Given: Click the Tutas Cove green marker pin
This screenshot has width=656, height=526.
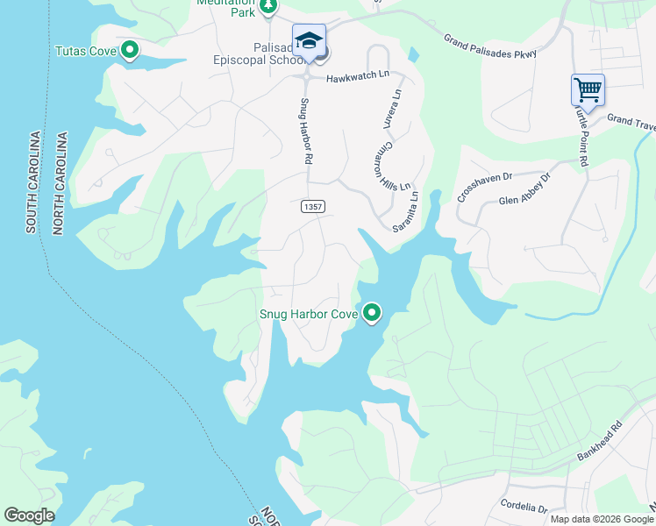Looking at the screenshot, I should pos(130,50).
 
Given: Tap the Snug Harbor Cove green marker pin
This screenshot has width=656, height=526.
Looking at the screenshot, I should pos(372,312).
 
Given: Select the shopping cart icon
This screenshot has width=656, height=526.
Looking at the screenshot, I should pos(588,89).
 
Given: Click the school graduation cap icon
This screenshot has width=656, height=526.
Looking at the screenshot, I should pos(309,40).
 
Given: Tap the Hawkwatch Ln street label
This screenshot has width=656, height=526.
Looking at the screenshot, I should pos(357,78).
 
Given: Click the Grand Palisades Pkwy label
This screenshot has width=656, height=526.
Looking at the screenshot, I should pos(489,46).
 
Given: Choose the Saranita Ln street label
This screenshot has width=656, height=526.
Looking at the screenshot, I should pos(405,211).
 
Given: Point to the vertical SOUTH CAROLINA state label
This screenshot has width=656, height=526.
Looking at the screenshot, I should pos(33,182).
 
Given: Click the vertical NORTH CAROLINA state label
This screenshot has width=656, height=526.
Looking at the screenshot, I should pos(61,184).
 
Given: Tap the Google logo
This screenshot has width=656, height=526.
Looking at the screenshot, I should pos(29,515).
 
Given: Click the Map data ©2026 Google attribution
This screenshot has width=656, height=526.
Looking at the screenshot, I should pos(602,519).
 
